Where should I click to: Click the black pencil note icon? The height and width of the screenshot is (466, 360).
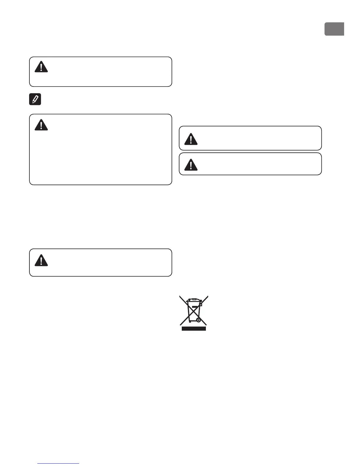click(35, 99)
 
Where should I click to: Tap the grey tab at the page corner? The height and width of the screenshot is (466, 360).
click(334, 29)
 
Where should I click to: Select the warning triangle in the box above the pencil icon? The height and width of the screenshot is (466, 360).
click(41, 67)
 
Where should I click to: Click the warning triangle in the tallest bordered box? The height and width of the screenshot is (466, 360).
click(41, 125)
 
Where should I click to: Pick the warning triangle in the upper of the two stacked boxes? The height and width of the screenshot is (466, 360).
click(191, 139)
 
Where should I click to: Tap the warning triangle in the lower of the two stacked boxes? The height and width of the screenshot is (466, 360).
click(191, 165)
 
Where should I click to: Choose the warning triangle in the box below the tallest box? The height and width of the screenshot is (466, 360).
click(41, 260)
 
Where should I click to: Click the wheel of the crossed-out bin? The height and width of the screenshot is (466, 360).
click(199, 320)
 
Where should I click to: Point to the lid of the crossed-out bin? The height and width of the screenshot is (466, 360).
click(194, 300)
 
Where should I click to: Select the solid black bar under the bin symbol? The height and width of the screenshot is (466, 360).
click(194, 329)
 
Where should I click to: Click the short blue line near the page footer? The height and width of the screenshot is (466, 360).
click(59, 464)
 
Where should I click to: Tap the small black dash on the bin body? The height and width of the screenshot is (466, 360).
click(194, 307)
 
